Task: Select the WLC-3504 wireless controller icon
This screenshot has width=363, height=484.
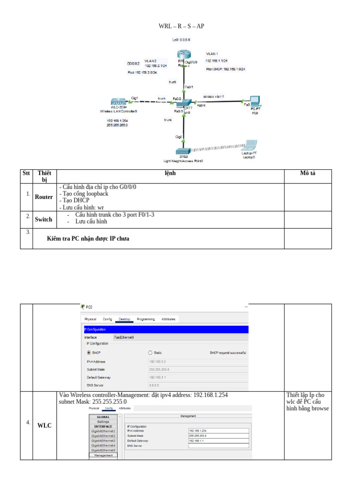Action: click(118, 102)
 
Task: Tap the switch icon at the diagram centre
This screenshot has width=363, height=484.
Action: click(183, 104)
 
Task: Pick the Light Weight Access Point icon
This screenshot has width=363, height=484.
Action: click(183, 151)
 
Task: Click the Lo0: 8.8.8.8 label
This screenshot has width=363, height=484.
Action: click(181, 40)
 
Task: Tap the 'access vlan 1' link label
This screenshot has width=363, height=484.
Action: click(213, 96)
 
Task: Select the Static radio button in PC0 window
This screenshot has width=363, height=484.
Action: click(151, 353)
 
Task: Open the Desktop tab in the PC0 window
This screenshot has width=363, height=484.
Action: click(125, 319)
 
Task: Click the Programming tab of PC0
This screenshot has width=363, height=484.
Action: click(146, 319)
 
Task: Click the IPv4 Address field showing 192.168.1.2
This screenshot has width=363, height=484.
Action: click(198, 362)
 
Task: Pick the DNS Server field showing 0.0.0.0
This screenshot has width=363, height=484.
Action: click(198, 386)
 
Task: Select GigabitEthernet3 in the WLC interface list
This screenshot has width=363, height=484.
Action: click(103, 441)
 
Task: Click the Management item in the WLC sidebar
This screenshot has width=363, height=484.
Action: click(103, 455)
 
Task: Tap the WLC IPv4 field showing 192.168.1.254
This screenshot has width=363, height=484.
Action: click(218, 431)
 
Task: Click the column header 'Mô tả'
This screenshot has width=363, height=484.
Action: click(308, 173)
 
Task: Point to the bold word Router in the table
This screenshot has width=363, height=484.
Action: click(44, 197)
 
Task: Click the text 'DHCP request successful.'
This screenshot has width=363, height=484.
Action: click(228, 353)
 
